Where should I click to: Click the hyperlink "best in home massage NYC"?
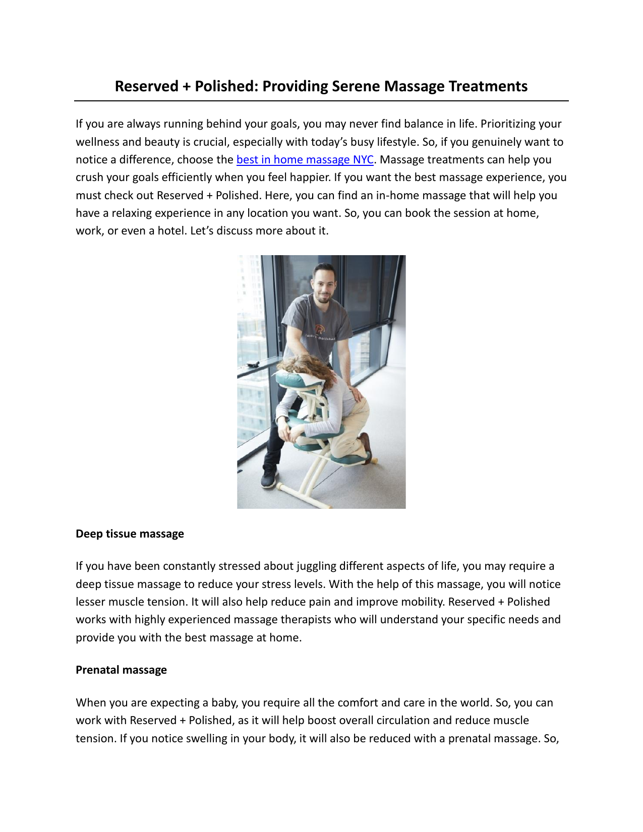pos(305,160)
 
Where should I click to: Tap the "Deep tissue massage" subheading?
pos(130,533)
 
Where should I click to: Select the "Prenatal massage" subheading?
pos(121,670)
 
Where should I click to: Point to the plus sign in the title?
pos(187,87)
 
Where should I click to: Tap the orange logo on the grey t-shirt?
pos(320,330)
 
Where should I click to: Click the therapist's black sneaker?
pos(269,476)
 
